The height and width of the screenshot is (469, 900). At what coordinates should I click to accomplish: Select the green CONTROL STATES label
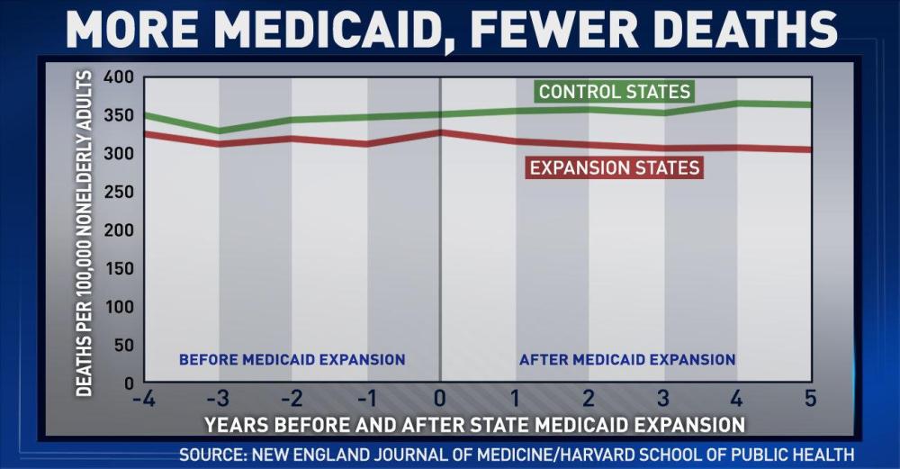pos(615,92)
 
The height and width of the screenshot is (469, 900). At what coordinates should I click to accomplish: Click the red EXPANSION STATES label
pos(615,168)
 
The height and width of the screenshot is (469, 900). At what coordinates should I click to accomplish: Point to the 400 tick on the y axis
pos(118,77)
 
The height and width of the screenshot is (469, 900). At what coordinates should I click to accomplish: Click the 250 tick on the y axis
pos(118,192)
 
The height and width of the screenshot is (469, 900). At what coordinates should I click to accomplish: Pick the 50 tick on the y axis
pos(122,345)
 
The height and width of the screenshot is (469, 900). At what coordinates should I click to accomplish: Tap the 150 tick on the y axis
pos(118,268)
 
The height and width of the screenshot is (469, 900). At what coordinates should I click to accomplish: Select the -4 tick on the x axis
pos(143,399)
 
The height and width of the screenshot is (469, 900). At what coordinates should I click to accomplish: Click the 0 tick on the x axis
pos(440,399)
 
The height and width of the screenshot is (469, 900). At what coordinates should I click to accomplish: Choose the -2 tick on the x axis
pos(291,399)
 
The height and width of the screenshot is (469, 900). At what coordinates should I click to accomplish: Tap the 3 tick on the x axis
pos(663,399)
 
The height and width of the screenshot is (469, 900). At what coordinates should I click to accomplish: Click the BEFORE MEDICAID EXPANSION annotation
pos(292,359)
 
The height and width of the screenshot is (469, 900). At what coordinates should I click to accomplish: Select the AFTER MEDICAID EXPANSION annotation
pos(627,359)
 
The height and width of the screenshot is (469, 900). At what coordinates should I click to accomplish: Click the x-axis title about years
pos(474,423)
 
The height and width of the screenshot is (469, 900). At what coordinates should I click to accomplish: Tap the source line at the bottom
pos(517,455)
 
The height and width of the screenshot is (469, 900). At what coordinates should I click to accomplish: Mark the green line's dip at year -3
pos(218,131)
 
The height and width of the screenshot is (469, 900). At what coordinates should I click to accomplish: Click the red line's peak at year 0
pos(440,132)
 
